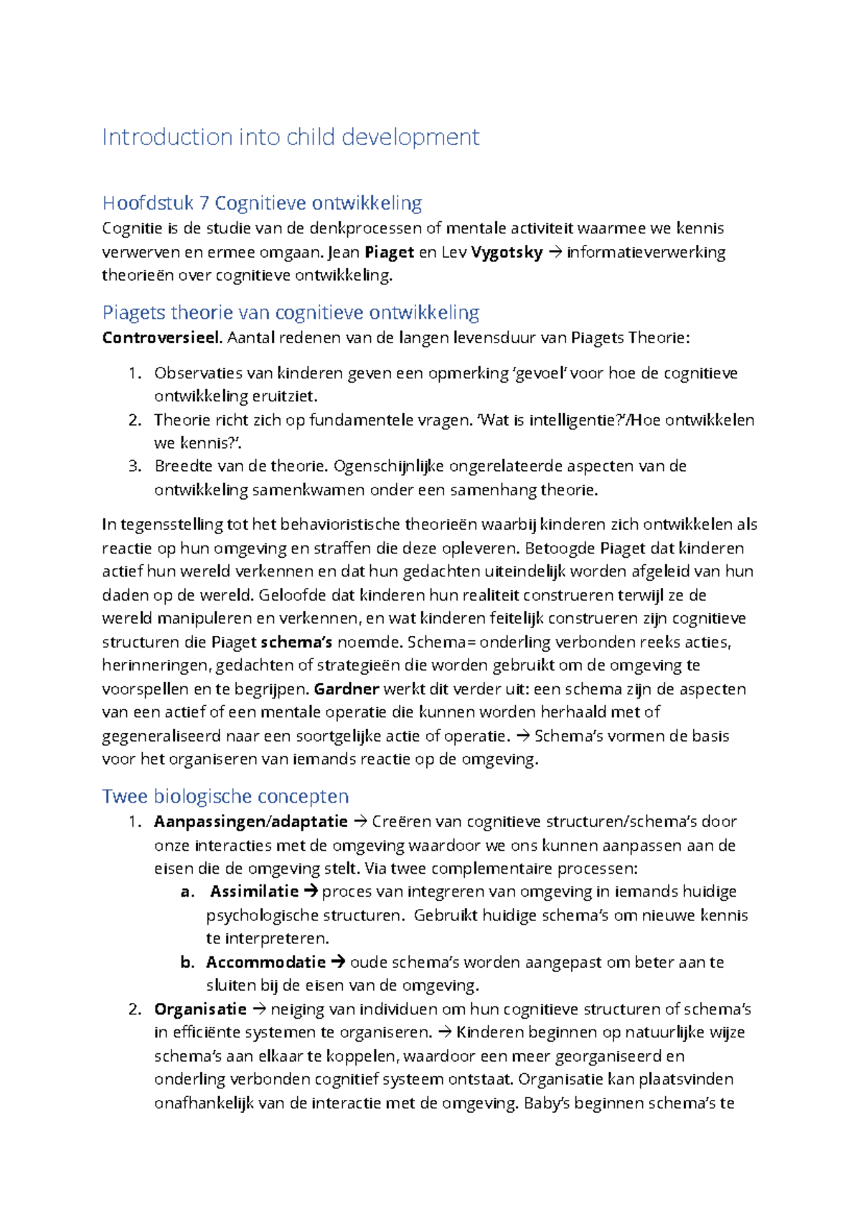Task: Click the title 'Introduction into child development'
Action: (291, 137)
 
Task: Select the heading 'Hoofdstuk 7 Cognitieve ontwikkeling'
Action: (262, 203)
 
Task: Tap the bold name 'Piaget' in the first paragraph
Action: (390, 252)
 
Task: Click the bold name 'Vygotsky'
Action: (507, 252)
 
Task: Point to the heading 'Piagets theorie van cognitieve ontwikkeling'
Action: (291, 313)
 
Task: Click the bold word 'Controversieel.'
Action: (162, 337)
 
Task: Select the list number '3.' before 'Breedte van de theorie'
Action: (135, 466)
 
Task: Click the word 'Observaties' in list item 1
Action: (198, 373)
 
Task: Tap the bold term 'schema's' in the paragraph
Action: (296, 642)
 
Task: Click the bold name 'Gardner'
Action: (347, 689)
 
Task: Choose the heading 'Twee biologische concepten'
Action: (225, 796)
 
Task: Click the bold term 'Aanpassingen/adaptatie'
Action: (250, 821)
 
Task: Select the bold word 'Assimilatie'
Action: (254, 892)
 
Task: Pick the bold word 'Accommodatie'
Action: (265, 962)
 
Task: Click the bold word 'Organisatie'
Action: (200, 1009)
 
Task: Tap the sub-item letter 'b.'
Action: (187, 962)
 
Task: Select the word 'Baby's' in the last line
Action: (546, 1103)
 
